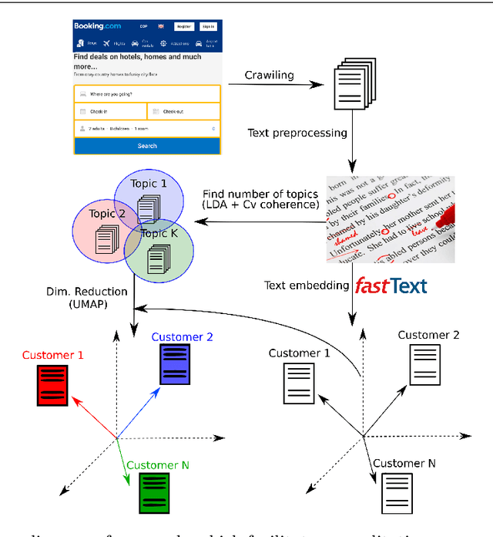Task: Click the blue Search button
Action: click(x=146, y=146)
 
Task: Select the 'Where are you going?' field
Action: click(x=146, y=94)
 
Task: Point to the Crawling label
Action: click(x=270, y=75)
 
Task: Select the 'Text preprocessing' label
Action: click(x=297, y=133)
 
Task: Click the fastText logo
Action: click(x=391, y=286)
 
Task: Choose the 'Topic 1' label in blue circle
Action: click(x=149, y=184)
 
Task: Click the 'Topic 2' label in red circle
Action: click(x=107, y=214)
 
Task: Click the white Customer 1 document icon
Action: click(x=300, y=384)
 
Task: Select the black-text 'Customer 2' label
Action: click(x=428, y=335)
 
